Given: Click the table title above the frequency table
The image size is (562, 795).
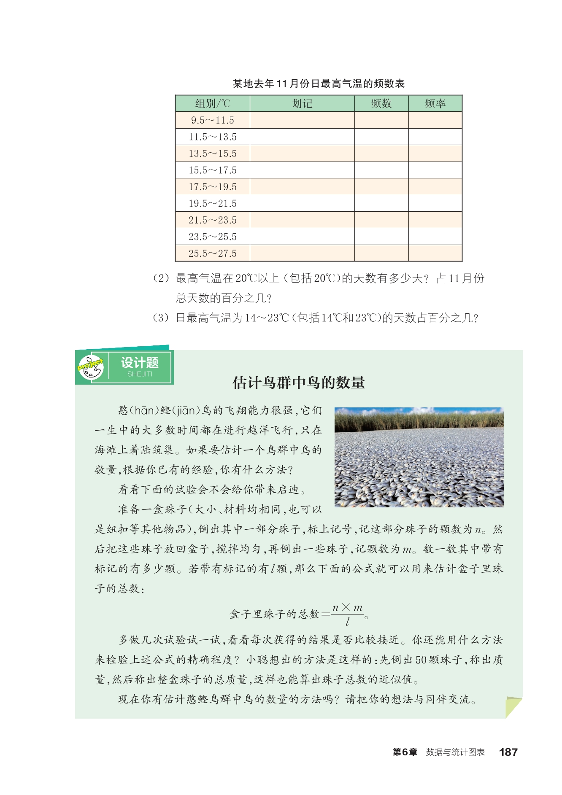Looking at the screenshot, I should point(319,84).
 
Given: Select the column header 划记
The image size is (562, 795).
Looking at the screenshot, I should point(302,103).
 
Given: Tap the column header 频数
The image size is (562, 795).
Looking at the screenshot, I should point(381,103).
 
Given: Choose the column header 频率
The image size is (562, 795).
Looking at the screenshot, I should point(435,103).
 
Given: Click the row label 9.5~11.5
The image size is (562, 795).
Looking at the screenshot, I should point(213,120).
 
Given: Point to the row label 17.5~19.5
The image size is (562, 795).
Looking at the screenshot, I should point(213,187).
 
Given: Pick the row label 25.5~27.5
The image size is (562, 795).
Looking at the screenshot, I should point(213,253).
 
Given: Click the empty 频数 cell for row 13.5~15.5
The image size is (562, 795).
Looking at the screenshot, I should point(381,154).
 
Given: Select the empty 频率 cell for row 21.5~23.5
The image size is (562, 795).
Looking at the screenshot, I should point(435,220).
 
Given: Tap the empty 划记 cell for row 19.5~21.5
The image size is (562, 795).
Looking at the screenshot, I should point(302,203).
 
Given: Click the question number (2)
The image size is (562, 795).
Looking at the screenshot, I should point(161,278).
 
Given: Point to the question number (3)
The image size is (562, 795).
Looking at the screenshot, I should point(161,318).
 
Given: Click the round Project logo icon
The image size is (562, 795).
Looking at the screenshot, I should point(91,367).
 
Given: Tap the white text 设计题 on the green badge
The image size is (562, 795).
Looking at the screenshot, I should point(140,363).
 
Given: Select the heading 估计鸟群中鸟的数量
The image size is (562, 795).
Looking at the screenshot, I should point(299,383).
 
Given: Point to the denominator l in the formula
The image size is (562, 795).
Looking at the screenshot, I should point(347,622).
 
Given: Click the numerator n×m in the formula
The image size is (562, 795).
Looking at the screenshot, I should point(347,608).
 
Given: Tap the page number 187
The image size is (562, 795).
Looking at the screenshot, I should point(508,752).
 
